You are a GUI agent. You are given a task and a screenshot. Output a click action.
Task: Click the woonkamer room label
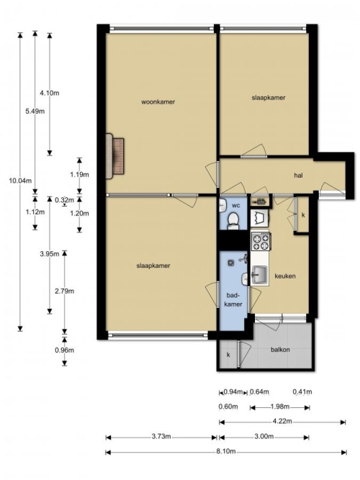click(x=158, y=102)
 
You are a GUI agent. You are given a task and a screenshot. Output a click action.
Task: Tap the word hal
click(x=298, y=176)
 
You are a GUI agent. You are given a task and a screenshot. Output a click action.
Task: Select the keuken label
click(x=285, y=276)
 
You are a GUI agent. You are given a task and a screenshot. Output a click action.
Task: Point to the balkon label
click(x=280, y=350)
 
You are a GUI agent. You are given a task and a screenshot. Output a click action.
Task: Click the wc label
click(x=236, y=205)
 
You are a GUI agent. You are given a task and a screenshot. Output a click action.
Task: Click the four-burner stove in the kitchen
click(x=261, y=241)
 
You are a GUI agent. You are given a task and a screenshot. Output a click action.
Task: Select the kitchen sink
click(x=259, y=275)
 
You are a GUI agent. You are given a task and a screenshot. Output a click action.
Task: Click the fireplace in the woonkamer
click(x=115, y=156)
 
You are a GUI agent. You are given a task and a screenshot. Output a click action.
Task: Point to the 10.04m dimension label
click(x=20, y=181)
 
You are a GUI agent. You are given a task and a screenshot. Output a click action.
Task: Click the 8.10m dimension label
click(x=226, y=451)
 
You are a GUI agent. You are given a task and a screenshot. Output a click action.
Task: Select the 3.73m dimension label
click(x=161, y=437)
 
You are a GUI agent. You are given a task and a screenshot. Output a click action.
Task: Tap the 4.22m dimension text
click(x=282, y=421)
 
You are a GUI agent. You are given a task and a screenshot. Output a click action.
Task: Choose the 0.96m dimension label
click(x=64, y=350)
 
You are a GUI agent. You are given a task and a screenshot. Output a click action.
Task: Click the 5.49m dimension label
click(x=35, y=112)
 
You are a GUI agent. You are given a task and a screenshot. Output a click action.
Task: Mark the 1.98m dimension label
click(x=280, y=407)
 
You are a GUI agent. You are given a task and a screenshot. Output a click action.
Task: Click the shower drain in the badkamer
click(x=230, y=263)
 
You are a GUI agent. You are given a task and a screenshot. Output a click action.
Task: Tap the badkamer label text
click(x=233, y=299)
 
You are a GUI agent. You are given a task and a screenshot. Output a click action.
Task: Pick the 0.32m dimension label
click(x=64, y=200)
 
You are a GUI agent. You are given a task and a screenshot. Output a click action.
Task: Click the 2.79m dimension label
click(x=64, y=291)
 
